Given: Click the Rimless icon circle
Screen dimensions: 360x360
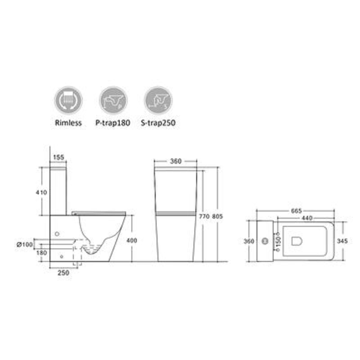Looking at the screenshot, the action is [68, 100].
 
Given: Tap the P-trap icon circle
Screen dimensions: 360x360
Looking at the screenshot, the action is [113, 100].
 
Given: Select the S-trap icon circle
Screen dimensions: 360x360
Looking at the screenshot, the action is [158, 100].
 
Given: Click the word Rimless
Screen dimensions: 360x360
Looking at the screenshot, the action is [68, 123].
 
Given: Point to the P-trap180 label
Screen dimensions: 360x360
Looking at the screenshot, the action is [113, 123].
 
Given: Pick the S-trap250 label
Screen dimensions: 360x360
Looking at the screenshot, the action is [158, 123].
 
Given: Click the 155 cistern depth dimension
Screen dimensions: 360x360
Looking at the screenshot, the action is [58, 157].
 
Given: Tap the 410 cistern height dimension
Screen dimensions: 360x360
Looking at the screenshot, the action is [41, 193].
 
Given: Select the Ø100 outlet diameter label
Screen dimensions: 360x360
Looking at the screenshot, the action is [25, 245].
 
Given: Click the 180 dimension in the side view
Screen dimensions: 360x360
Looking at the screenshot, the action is [41, 253].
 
